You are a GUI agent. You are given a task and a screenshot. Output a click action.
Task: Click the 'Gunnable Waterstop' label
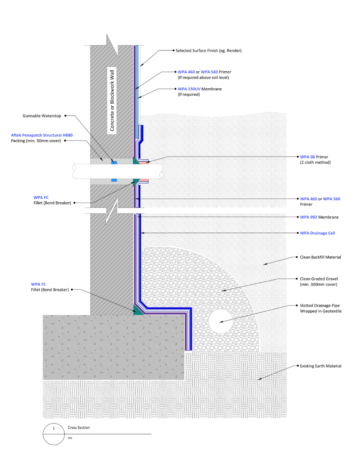(42, 116)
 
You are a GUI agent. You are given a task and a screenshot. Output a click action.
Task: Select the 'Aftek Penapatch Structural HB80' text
(42, 135)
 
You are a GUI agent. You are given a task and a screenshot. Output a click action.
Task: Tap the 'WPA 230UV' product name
(189, 89)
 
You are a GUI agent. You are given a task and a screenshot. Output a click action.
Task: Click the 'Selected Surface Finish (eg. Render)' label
(208, 51)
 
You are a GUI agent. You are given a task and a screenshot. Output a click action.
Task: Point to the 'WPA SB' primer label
(307, 157)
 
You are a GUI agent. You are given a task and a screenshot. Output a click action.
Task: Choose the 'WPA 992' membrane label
(308, 217)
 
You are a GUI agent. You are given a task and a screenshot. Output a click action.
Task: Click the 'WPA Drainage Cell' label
(318, 233)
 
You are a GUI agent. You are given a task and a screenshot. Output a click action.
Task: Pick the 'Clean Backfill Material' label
(320, 257)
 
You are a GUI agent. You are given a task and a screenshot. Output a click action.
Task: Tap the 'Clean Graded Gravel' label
(319, 279)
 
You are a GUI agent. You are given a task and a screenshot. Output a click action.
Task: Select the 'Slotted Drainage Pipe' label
(320, 306)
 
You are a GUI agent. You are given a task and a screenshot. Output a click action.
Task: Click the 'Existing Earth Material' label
(321, 366)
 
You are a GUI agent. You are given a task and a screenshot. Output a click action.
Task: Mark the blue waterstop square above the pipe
(114, 163)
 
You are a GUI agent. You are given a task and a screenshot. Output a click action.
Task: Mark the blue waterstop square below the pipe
(114, 180)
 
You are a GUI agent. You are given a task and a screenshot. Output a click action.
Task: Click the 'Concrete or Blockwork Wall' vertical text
(112, 100)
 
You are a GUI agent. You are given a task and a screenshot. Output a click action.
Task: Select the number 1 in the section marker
(54, 428)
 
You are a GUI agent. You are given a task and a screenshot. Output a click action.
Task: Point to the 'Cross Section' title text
(79, 428)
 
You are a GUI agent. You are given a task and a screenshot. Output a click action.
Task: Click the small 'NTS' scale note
(70, 438)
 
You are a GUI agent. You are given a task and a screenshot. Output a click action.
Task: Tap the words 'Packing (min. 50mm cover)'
(36, 141)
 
